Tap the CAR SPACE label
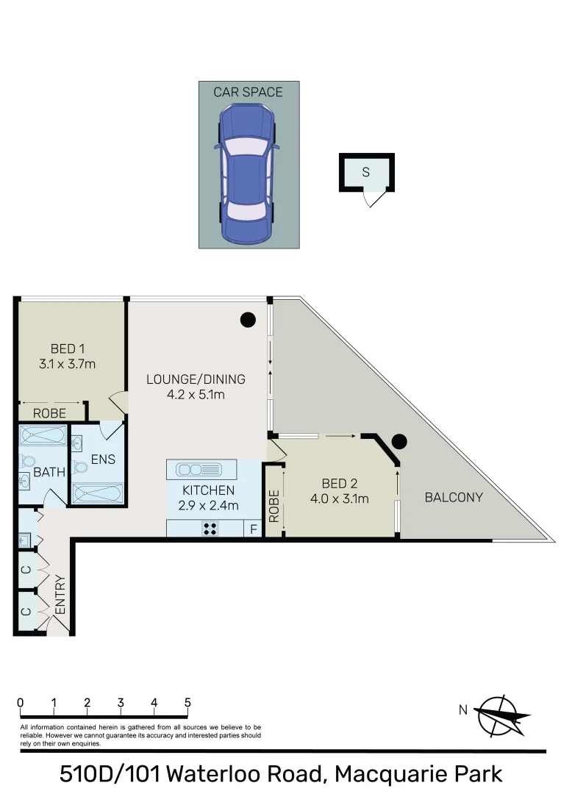248,92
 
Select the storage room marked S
366,173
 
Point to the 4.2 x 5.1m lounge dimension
195,395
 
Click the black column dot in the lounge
249,320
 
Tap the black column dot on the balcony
399,442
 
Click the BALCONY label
454,498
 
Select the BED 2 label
340,484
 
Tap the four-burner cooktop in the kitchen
210,528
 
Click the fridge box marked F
254,529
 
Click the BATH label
49,473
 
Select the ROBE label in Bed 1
49,414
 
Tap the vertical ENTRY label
60,594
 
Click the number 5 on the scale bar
187,703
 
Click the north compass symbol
501,715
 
